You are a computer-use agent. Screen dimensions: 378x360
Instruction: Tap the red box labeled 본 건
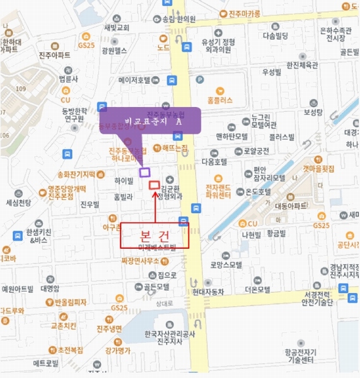(154, 234)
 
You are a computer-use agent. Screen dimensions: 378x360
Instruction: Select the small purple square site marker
(144, 171)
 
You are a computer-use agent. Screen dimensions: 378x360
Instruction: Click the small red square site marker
(154, 185)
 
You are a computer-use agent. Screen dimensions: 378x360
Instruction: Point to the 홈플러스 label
(219, 100)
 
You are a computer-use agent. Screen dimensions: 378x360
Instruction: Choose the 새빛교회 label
(117, 28)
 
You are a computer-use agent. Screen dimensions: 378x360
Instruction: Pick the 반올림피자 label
(70, 302)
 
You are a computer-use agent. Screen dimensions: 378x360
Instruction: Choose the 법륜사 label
(67, 79)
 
